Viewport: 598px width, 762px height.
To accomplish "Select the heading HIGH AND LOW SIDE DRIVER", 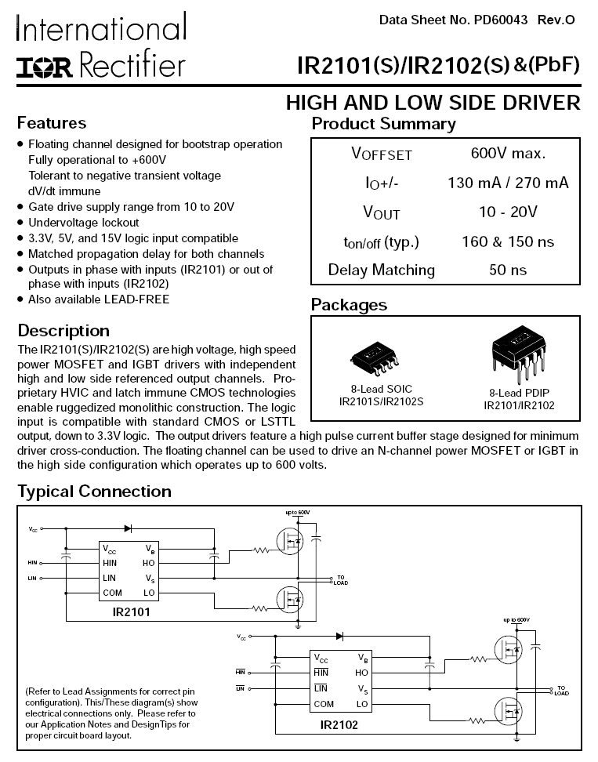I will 433,103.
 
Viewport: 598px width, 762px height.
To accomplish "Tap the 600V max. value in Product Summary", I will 508,153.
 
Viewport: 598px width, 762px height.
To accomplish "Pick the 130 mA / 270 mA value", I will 508,183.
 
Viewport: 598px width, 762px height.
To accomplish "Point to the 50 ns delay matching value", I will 508,270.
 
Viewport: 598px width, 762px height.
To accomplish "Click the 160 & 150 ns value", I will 508,241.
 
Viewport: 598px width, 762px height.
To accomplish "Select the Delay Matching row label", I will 381,270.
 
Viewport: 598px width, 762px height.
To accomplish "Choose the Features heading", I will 52,123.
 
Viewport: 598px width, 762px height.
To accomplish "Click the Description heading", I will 63,330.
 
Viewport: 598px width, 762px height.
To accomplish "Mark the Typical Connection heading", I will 94,492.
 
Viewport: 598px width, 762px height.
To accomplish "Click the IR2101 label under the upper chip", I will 131,611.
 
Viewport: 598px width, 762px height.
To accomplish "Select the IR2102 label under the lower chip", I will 339,725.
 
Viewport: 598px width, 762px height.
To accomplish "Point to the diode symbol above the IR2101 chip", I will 128,528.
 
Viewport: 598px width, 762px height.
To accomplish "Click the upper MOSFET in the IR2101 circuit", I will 291,540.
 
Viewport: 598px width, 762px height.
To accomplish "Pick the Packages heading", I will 349,305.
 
